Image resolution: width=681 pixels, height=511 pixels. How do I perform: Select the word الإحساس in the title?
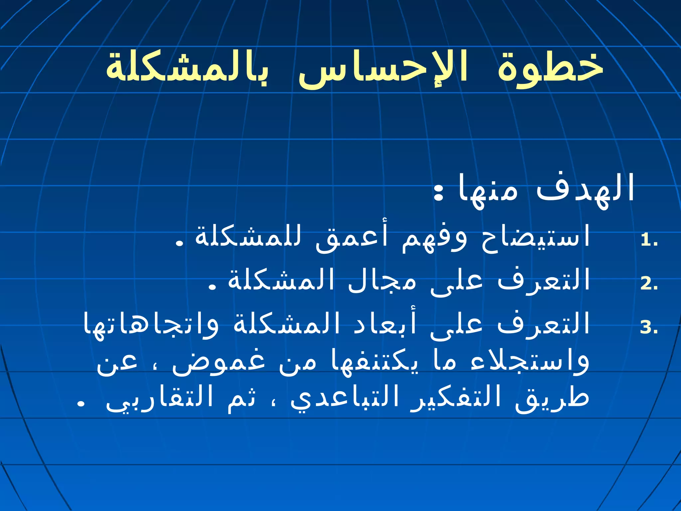click(x=382, y=70)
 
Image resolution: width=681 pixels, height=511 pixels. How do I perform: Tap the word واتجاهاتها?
click(x=151, y=324)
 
